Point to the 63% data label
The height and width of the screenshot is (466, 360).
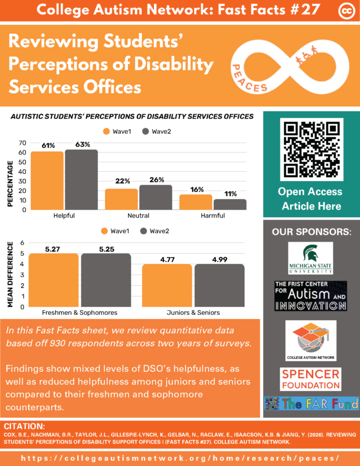point(81,145)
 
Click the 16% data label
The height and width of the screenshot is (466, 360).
point(196,189)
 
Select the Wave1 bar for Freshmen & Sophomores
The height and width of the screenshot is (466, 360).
point(53,280)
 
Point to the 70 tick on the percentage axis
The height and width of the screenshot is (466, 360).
point(23,143)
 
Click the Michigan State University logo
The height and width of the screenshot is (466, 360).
point(310,258)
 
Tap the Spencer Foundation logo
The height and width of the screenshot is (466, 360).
point(310,379)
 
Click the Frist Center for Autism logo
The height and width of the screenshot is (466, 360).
point(310,296)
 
